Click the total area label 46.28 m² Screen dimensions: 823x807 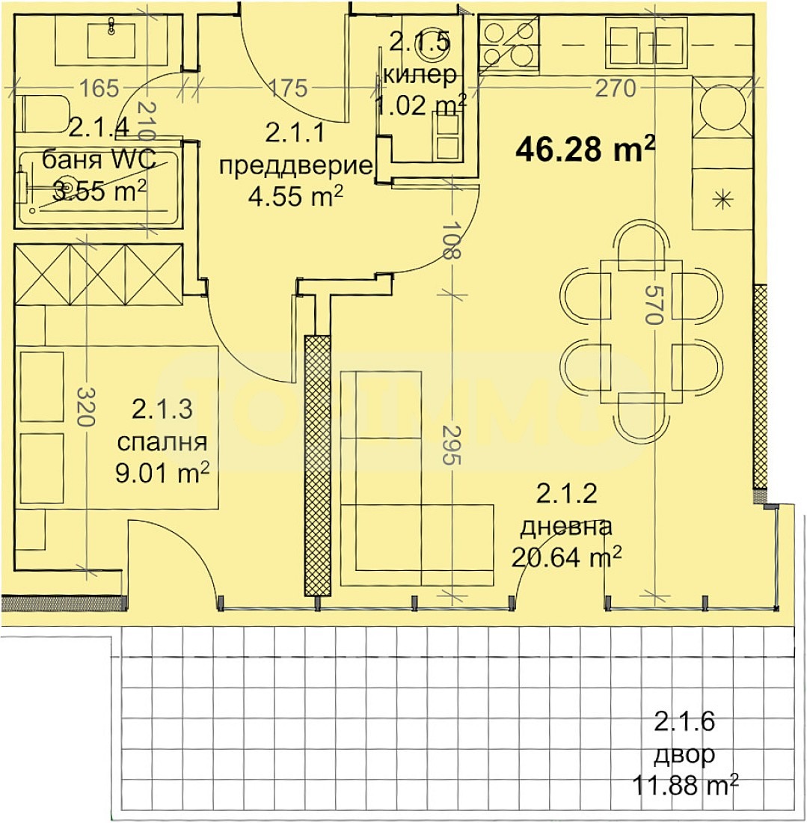[585, 149]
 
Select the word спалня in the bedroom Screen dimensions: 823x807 [162, 442]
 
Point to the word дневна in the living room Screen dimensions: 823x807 [566, 526]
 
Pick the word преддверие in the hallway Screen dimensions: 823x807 [295, 165]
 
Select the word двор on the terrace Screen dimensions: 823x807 [685, 754]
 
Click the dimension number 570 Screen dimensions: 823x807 [655, 305]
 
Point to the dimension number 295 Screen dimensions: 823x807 [448, 445]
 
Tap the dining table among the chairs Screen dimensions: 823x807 [642, 329]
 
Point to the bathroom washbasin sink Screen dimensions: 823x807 [111, 39]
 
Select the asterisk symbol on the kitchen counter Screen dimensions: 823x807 [722, 198]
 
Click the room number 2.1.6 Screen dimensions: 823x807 [685, 723]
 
